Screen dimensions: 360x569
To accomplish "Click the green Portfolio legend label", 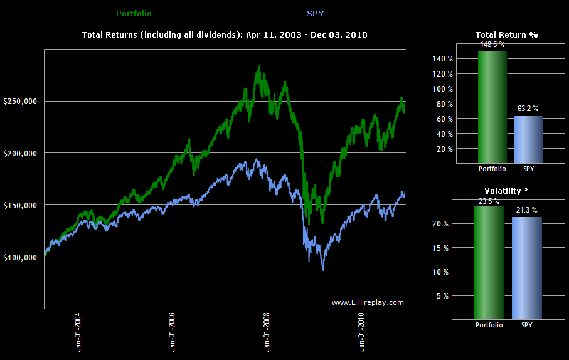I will click(134, 13).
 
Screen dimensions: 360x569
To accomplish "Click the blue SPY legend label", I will click(316, 13).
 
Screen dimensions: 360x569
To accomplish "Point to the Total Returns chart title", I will click(225, 34).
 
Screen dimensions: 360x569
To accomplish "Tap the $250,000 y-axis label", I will click(20, 102).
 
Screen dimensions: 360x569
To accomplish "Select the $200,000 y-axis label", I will click(20, 154).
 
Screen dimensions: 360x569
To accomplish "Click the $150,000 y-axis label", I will click(20, 206).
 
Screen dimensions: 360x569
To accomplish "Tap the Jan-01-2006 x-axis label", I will click(173, 333).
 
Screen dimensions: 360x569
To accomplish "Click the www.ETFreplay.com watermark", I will click(368, 302).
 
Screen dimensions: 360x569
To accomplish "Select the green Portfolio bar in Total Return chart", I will click(492, 107).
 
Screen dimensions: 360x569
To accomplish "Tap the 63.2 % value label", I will click(528, 109).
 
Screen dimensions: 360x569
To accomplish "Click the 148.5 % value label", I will click(492, 45).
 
